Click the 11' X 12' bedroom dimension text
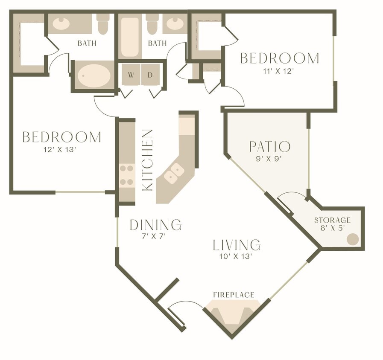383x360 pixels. pyautogui.click(x=279, y=71)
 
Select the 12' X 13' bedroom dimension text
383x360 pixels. pyautogui.click(x=61, y=150)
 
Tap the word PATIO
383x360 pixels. pyautogui.click(x=270, y=147)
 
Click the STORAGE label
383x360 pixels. pyautogui.click(x=332, y=220)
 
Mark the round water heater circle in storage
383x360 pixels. pyautogui.click(x=352, y=239)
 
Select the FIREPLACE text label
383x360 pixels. pyautogui.click(x=234, y=295)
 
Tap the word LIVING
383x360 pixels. pyautogui.click(x=237, y=245)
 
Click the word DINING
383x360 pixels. pyautogui.click(x=155, y=224)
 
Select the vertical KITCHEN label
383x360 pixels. pyautogui.click(x=147, y=160)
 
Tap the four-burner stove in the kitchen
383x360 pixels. pyautogui.click(x=127, y=175)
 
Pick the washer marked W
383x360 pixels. pyautogui.click(x=131, y=75)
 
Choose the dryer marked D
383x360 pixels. pyautogui.click(x=150, y=75)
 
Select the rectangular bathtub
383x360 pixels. pyautogui.click(x=129, y=37)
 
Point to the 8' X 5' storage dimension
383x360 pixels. pyautogui.click(x=332, y=228)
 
